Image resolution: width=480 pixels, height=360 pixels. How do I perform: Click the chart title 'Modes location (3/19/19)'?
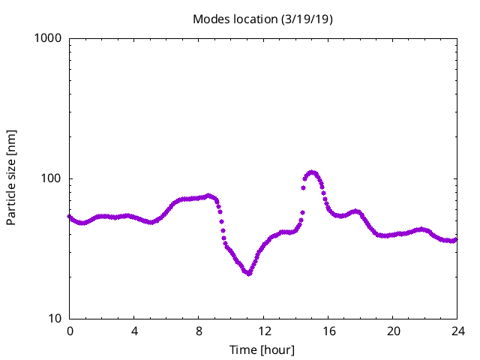pos(262,19)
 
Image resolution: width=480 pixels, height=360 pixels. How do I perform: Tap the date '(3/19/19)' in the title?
pos(307,19)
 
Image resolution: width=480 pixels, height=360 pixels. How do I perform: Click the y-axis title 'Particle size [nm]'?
pos(11,178)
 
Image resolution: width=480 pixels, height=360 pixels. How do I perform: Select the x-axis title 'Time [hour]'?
pos(262,349)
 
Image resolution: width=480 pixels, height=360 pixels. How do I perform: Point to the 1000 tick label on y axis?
pos(48,38)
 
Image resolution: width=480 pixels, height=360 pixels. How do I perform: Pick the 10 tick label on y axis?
pos(54,319)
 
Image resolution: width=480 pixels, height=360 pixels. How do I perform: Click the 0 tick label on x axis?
pos(70,331)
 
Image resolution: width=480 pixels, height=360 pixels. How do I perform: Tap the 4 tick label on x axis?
pos(134,331)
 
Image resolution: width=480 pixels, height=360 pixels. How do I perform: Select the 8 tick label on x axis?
pos(199,331)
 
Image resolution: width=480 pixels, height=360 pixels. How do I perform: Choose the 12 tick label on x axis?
pos(263,331)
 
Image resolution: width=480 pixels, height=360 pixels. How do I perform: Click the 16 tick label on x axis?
pos(328,331)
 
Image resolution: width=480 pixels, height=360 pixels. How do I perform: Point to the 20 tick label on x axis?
pos(392,331)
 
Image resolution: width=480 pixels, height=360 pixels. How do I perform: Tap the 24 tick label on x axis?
pos(457,331)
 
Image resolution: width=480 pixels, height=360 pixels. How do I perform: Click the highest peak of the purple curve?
pos(311,172)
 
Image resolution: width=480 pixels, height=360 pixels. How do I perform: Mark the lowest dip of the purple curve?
pos(247,273)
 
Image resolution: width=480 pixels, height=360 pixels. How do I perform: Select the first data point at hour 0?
pos(70,217)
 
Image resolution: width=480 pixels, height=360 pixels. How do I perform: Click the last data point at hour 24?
pos(456,239)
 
